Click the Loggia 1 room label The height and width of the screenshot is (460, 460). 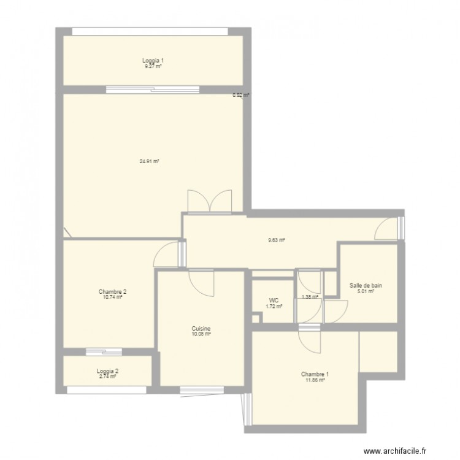point(153,61)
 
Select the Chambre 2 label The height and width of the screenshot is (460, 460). point(112,292)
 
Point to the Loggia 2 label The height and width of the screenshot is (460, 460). point(107,371)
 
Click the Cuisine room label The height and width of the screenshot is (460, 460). point(201,329)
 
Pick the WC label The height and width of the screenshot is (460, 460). point(274,301)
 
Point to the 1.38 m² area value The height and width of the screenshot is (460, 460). point(310,297)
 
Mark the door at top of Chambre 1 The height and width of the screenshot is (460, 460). point(310,340)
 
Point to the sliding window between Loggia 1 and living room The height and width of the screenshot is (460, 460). point(152,90)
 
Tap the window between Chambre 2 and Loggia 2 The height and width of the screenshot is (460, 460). point(104,352)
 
